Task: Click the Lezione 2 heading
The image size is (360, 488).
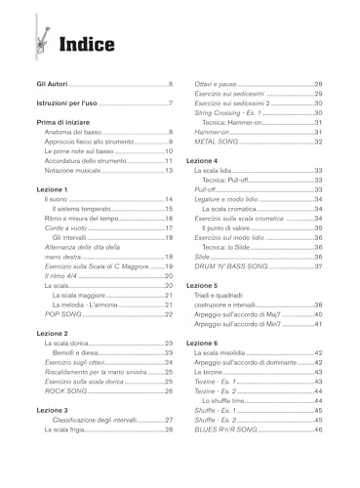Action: tap(54, 333)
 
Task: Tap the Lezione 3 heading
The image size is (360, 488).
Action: tap(54, 410)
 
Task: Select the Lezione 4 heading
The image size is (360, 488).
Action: tap(203, 159)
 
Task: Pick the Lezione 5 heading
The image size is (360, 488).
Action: tap(203, 285)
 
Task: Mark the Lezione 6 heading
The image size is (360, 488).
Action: tap(203, 344)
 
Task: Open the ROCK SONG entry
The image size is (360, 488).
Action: tap(68, 391)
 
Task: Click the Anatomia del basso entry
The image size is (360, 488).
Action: tap(80, 132)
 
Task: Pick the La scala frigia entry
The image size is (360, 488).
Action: tap(69, 429)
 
